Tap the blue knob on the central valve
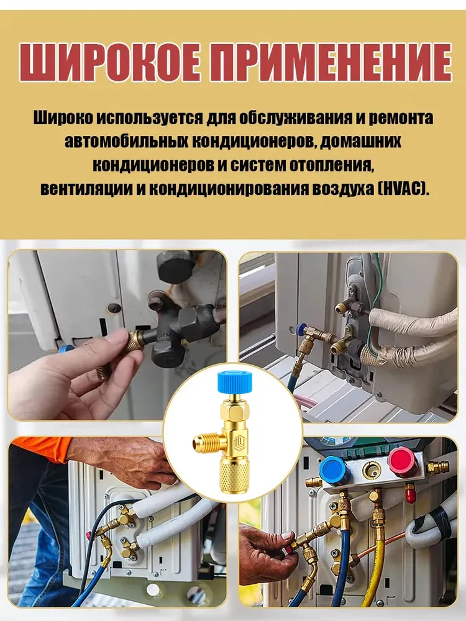233,381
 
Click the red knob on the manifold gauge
402,462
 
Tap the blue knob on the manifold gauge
334,469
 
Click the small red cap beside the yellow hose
411,493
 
